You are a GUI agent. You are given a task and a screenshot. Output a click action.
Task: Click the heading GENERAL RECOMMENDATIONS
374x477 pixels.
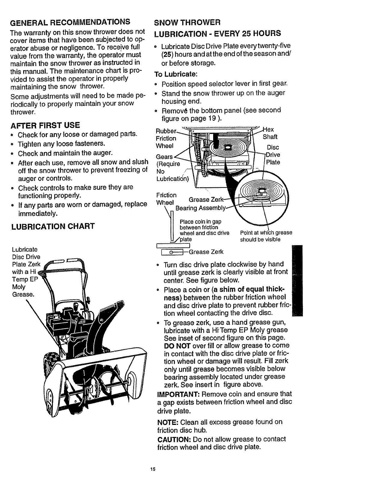click(70, 22)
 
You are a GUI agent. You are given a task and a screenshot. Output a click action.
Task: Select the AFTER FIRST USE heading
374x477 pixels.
click(45, 124)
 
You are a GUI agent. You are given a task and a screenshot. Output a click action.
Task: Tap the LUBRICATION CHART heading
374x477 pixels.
click(52, 226)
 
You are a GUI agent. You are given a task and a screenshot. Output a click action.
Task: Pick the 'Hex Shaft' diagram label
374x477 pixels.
click(270, 133)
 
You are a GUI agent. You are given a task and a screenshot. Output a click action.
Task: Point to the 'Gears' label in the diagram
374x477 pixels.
click(164, 157)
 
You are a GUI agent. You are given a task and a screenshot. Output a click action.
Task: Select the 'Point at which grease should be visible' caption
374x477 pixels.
click(266, 236)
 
